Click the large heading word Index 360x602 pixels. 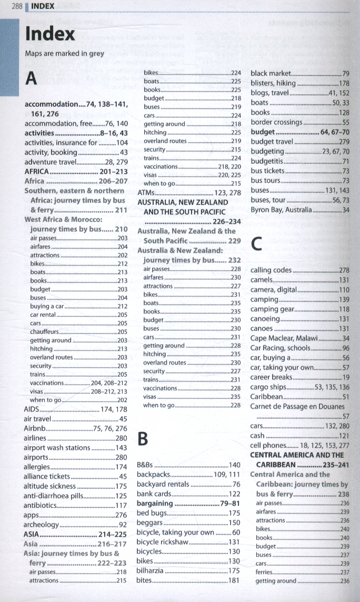coord(50,35)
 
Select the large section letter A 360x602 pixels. coord(32,79)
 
